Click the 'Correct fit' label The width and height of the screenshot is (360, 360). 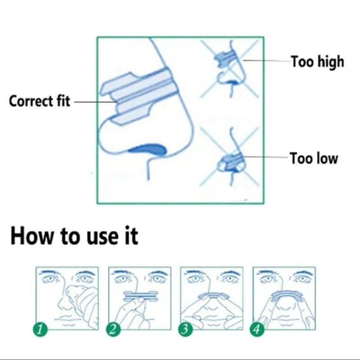point(40,101)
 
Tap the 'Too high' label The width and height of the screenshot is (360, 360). point(318,61)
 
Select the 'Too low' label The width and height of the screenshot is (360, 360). point(314,158)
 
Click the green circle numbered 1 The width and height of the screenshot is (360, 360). point(40,329)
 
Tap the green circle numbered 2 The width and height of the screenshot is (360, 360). point(113,329)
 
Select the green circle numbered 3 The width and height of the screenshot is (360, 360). point(185,329)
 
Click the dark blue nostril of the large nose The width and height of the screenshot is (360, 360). point(148,149)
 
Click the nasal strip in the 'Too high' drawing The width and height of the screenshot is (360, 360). point(225,58)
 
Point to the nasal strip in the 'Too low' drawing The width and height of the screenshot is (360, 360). point(231,161)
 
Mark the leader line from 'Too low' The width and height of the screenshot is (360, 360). point(266,157)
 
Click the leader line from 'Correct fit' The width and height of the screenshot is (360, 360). point(95,101)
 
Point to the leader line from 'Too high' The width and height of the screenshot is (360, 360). point(267,61)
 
